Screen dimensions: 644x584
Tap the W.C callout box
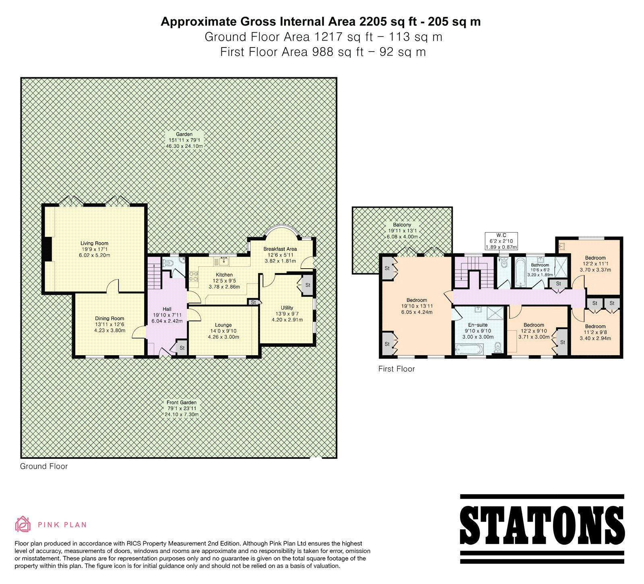point(501,241)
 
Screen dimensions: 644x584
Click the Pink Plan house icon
point(23,524)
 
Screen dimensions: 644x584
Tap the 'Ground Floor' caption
point(44,466)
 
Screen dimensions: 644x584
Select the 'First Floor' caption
point(396,369)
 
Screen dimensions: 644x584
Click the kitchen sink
point(222,261)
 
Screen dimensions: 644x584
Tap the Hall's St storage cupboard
point(182,348)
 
